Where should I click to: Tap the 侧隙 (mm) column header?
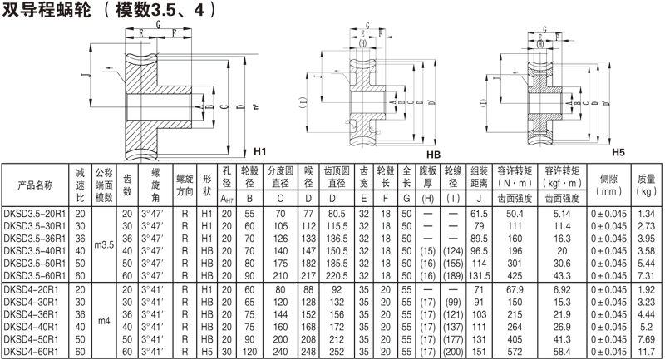pyautogui.click(x=606, y=184)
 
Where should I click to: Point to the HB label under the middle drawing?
pyautogui.click(x=432, y=155)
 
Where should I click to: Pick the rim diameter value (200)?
pyautogui.click(x=453, y=353)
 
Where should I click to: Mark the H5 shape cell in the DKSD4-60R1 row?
pyautogui.click(x=209, y=353)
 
